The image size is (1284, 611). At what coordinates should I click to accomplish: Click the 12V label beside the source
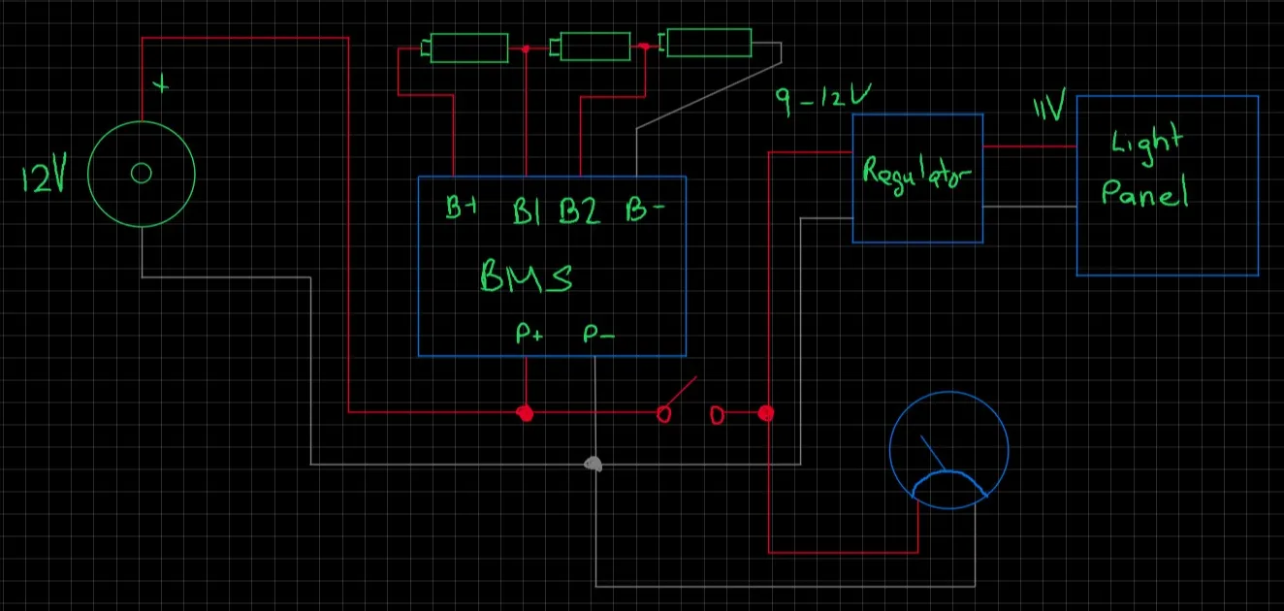[x=45, y=173]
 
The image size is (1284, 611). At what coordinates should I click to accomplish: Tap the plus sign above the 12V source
[x=161, y=84]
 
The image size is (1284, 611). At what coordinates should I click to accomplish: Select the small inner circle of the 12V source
[x=141, y=173]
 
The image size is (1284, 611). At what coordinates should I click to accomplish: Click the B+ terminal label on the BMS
[x=462, y=208]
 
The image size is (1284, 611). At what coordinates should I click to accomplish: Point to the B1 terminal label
[x=527, y=210]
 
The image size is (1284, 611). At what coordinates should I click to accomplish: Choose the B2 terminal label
[x=580, y=210]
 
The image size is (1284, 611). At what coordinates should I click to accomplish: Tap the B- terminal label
[x=645, y=209]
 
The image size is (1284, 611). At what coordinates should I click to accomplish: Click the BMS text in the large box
[x=527, y=276]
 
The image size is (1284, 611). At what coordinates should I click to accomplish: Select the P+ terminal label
[x=529, y=333]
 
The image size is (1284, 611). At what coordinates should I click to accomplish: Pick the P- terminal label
[x=598, y=334]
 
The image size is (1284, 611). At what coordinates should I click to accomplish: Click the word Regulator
[x=916, y=175]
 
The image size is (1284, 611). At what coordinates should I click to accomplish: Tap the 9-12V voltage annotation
[x=823, y=98]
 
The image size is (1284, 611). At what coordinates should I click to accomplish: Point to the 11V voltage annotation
[x=1049, y=105]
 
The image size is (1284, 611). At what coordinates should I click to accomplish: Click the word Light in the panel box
[x=1147, y=144]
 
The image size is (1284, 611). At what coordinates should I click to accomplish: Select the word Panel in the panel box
[x=1144, y=193]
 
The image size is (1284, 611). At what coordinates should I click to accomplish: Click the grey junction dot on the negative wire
[x=594, y=464]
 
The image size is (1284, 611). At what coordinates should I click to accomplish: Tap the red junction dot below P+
[x=525, y=413]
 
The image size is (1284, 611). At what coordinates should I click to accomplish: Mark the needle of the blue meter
[x=933, y=453]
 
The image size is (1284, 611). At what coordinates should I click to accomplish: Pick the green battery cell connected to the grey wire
[x=709, y=43]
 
